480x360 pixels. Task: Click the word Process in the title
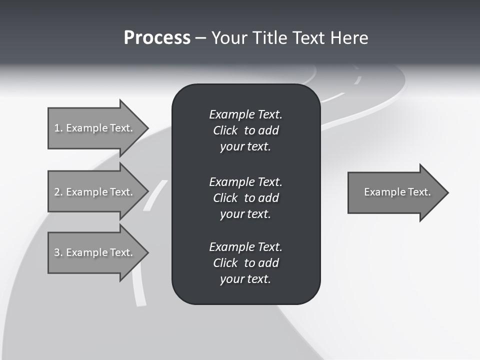point(157,38)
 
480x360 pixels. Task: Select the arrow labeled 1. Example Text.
point(95,128)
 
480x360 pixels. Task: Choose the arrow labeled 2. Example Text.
point(95,192)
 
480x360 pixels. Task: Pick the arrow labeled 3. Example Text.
point(95,252)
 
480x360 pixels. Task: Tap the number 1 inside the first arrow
point(57,128)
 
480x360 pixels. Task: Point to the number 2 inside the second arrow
point(57,192)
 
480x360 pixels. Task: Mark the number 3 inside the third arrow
point(57,252)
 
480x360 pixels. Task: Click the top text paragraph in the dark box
point(245,130)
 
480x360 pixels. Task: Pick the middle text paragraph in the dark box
point(245,198)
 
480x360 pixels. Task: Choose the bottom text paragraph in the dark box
point(245,263)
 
